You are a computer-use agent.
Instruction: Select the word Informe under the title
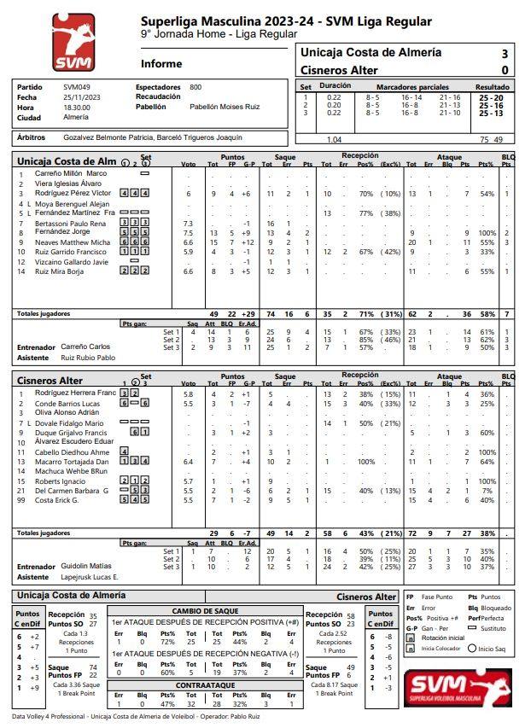pyautogui.click(x=161, y=64)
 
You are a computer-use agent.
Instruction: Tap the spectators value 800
pyautogui.click(x=195, y=87)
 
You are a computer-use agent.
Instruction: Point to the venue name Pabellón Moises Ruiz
pyautogui.click(x=225, y=107)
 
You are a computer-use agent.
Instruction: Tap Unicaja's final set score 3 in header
pyautogui.click(x=505, y=53)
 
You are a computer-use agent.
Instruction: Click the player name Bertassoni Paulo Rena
pyautogui.click(x=70, y=223)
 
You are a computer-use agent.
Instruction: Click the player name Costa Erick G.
pyautogui.click(x=57, y=500)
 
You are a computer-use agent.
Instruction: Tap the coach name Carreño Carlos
pyautogui.click(x=86, y=347)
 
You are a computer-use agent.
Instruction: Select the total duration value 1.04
pyautogui.click(x=335, y=139)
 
